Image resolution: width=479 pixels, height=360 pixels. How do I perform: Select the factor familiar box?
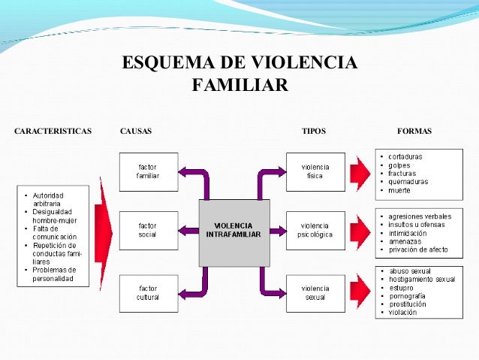(147, 171)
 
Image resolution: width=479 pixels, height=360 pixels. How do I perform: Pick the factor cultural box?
(147, 292)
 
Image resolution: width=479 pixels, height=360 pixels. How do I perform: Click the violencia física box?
(315, 171)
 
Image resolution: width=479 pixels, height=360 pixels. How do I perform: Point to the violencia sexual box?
(315, 292)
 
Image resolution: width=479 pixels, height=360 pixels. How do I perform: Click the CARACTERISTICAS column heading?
(53, 132)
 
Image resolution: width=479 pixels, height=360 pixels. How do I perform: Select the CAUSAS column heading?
(136, 132)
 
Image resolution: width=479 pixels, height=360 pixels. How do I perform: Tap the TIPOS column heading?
(313, 132)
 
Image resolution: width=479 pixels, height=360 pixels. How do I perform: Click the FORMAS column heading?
(414, 132)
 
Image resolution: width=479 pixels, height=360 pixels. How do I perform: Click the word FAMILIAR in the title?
(239, 83)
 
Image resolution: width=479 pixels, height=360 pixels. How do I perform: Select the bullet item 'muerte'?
(400, 190)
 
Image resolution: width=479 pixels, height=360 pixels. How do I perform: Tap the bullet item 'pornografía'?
(408, 295)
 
